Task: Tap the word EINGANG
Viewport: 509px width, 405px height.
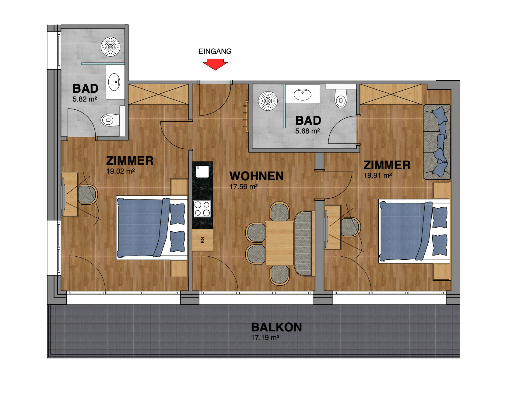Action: pos(215,51)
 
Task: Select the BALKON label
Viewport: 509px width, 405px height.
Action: pos(276,327)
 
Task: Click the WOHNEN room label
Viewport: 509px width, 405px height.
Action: pos(257,176)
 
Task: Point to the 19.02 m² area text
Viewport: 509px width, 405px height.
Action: pos(121,171)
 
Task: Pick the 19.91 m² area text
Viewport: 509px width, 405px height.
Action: pos(378,175)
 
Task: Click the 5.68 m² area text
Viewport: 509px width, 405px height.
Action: pos(307,131)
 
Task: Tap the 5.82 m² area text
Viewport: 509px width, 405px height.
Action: pos(85,99)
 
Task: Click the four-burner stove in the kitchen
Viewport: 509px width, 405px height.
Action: pos(202,209)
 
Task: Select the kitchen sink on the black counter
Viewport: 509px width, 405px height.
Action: pos(202,171)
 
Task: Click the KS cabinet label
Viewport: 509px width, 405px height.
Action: pos(202,240)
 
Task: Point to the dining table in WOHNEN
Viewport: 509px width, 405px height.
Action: pos(279,243)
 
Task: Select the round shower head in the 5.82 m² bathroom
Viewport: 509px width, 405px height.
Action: pos(111,47)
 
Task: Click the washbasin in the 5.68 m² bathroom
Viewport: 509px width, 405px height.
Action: pos(302,95)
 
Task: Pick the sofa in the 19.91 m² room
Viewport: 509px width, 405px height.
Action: pos(437,142)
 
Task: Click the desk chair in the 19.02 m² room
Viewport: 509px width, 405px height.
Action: pos(88,195)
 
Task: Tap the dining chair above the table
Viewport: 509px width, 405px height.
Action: pos(279,211)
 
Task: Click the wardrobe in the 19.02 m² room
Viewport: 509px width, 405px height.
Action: pos(158,94)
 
